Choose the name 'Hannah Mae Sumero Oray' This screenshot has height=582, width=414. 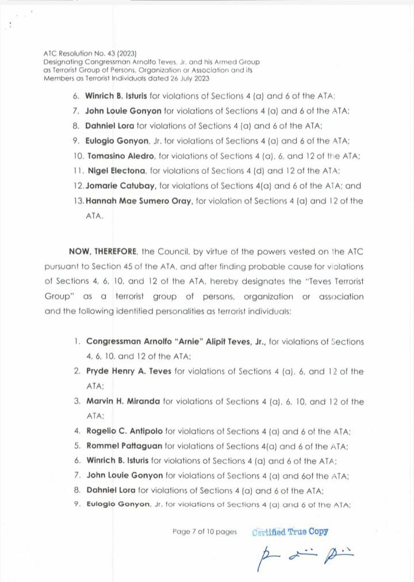pos(134,201)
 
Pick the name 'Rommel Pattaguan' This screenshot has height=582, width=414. pos(124,446)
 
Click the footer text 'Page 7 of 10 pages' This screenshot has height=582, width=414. pos(204,532)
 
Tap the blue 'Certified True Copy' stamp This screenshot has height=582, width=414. pos(290,531)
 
